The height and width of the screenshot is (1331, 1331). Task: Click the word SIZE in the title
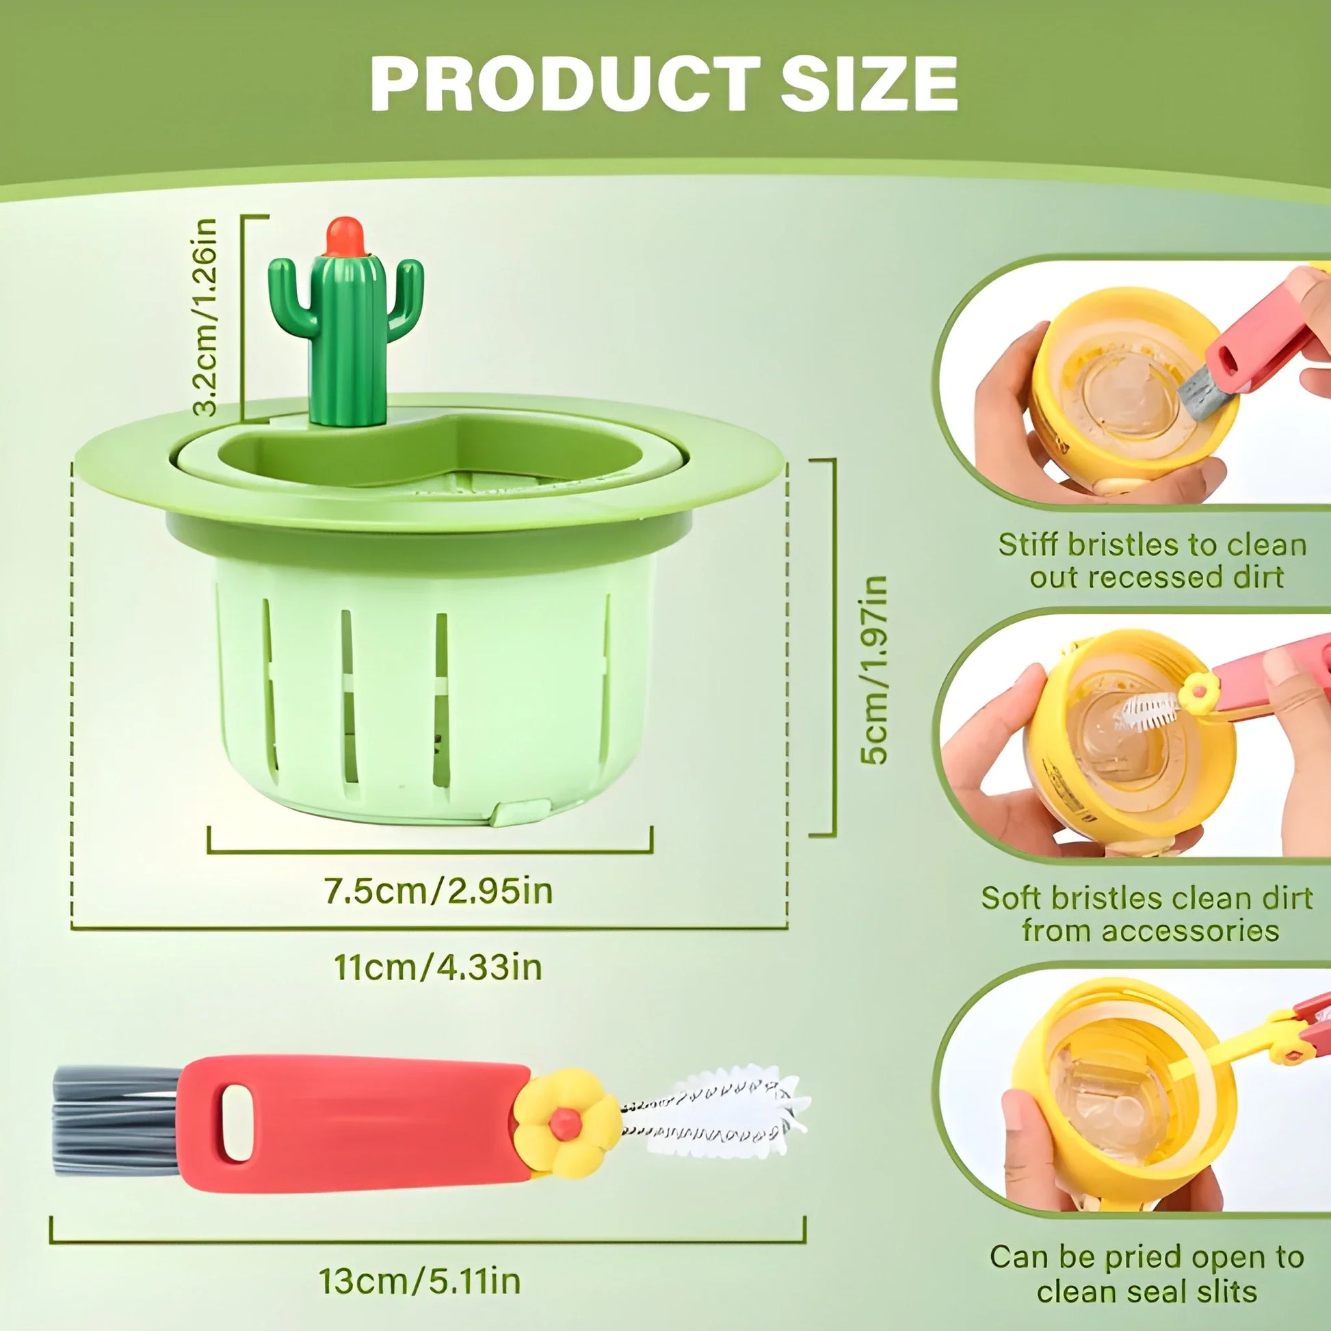869,84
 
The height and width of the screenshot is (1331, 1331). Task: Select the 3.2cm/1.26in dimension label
205,317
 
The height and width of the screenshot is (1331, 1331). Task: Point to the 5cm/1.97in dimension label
874,669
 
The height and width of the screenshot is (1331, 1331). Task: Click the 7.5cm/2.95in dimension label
439,891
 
